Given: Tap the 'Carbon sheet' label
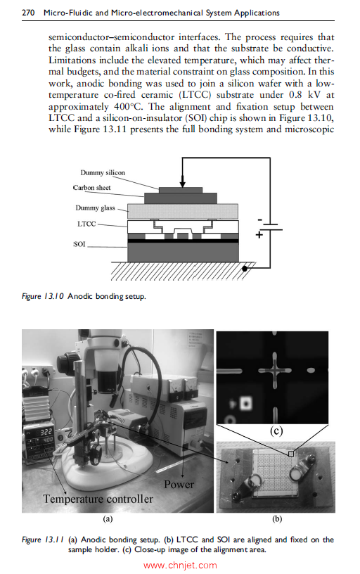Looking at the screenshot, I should pyautogui.click(x=92, y=188).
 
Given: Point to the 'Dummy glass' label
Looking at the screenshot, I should pyautogui.click(x=95, y=208).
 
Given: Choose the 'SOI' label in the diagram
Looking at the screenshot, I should pyautogui.click(x=79, y=244).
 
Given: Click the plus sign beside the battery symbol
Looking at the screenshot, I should pyautogui.click(x=259, y=236).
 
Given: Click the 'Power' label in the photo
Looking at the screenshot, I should pyautogui.click(x=179, y=485).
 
